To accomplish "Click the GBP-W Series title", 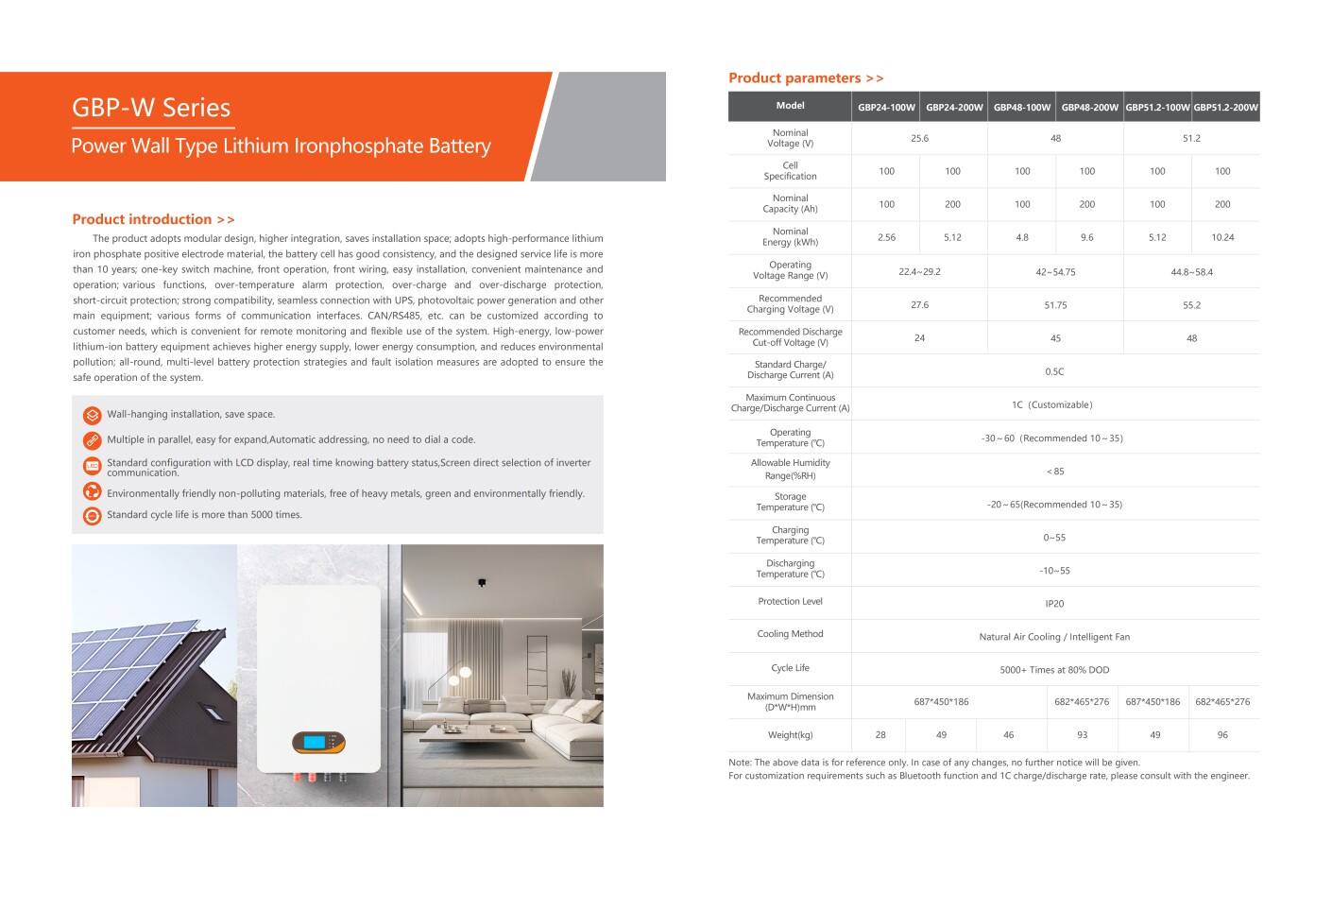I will pyautogui.click(x=151, y=108).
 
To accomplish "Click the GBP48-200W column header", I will pyautogui.click(x=1089, y=108).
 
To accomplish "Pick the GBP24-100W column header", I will pyautogui.click(x=886, y=108).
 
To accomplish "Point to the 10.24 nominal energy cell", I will pyautogui.click(x=1222, y=238).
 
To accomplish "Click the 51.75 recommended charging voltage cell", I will pyautogui.click(x=1055, y=305).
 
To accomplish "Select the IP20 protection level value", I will pyautogui.click(x=1054, y=604).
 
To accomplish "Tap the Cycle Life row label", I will pyautogui.click(x=790, y=668).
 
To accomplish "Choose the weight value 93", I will pyautogui.click(x=1082, y=735).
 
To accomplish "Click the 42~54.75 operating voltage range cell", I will pyautogui.click(x=1055, y=272).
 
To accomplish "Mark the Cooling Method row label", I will pyautogui.click(x=790, y=634).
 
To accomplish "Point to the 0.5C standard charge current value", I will pyautogui.click(x=1054, y=372).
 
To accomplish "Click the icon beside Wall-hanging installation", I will pyautogui.click(x=93, y=415).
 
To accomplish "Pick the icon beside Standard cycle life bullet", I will pyautogui.click(x=93, y=516).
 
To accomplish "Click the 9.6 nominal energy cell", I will pyautogui.click(x=1087, y=238).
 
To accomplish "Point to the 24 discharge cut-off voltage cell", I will pyautogui.click(x=919, y=338).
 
